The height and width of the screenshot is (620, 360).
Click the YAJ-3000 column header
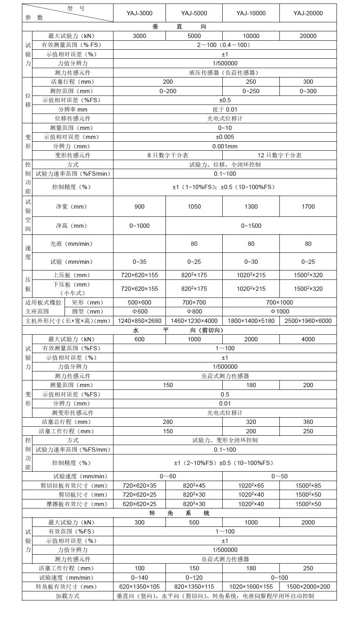point(139,13)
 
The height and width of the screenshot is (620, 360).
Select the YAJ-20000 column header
point(308,13)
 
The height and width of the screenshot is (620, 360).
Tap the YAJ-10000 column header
point(251,13)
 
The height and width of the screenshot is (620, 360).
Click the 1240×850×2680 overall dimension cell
point(140,321)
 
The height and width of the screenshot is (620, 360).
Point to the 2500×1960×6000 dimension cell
point(308,321)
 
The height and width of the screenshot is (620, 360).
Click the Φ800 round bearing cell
point(194,312)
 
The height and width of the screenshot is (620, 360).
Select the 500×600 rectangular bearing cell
point(140,303)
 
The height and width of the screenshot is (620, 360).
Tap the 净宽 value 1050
point(194,207)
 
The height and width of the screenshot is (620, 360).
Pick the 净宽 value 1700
point(308,207)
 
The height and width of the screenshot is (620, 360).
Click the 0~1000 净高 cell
point(140,226)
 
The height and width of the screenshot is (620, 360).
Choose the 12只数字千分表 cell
point(279,155)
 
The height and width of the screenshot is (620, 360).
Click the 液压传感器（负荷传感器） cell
point(225,73)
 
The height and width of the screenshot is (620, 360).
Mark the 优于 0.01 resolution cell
point(225,110)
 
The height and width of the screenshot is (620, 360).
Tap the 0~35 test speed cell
point(140,262)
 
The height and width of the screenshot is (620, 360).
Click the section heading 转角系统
point(180,513)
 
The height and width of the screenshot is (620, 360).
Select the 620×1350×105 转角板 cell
point(140,587)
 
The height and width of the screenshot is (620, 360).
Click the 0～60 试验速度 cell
point(168,476)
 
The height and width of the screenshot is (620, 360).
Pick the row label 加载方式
point(67,596)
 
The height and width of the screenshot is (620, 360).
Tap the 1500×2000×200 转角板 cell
point(308,587)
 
